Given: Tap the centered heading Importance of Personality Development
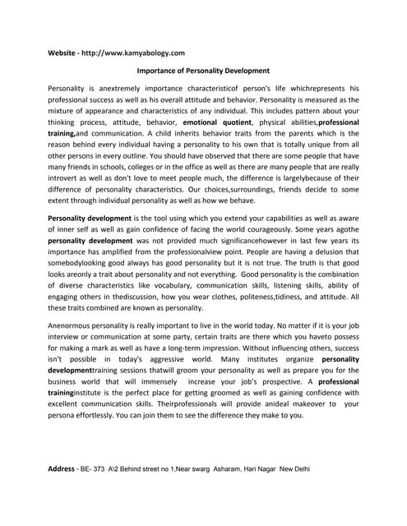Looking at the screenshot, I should point(202,72).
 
